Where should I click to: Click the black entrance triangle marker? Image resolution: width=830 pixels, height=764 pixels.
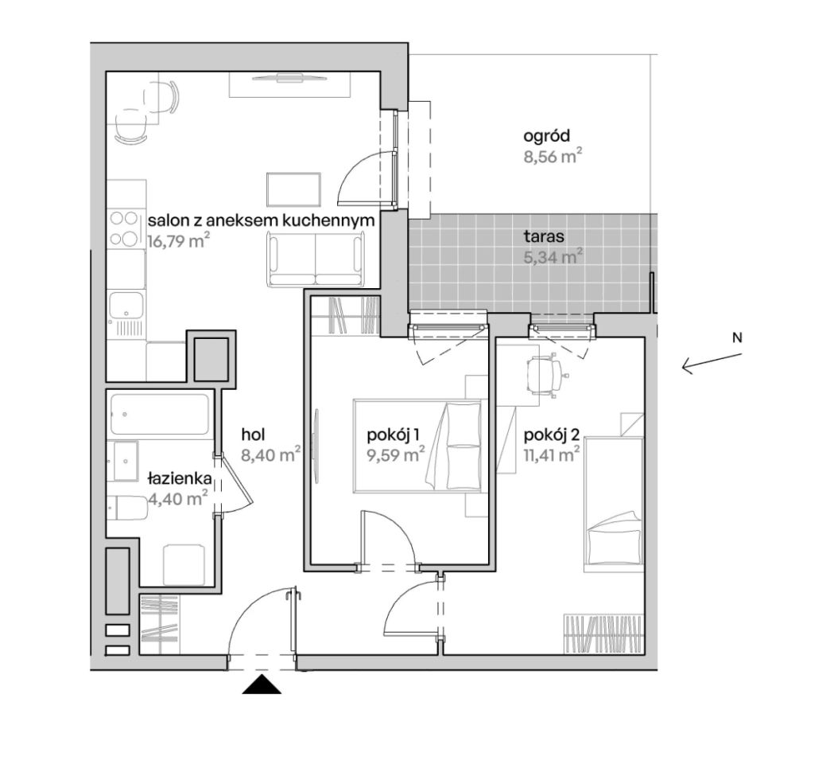coord(262,684)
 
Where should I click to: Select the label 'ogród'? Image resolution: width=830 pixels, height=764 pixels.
coord(547,136)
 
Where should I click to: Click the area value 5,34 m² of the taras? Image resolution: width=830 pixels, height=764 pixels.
coord(553,257)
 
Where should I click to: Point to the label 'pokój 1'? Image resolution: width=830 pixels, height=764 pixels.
coord(394,435)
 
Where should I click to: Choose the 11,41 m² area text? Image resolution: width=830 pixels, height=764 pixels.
coord(552,454)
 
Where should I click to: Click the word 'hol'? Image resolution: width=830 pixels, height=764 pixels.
coord(253,435)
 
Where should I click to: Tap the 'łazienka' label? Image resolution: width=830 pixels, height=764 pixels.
coord(180,479)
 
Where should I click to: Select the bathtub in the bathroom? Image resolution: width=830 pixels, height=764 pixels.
coord(159,414)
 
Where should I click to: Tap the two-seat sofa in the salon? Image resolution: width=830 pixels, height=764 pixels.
coord(316,260)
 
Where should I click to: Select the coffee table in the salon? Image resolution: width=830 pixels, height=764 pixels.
coord(294,189)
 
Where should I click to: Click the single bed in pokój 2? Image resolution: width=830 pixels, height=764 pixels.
coord(613,505)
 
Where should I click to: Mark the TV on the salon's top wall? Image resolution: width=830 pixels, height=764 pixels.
coord(289,78)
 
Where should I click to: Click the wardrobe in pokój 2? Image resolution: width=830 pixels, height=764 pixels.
coord(603,634)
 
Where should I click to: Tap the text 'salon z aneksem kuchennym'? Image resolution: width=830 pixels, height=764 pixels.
coord(262,220)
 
